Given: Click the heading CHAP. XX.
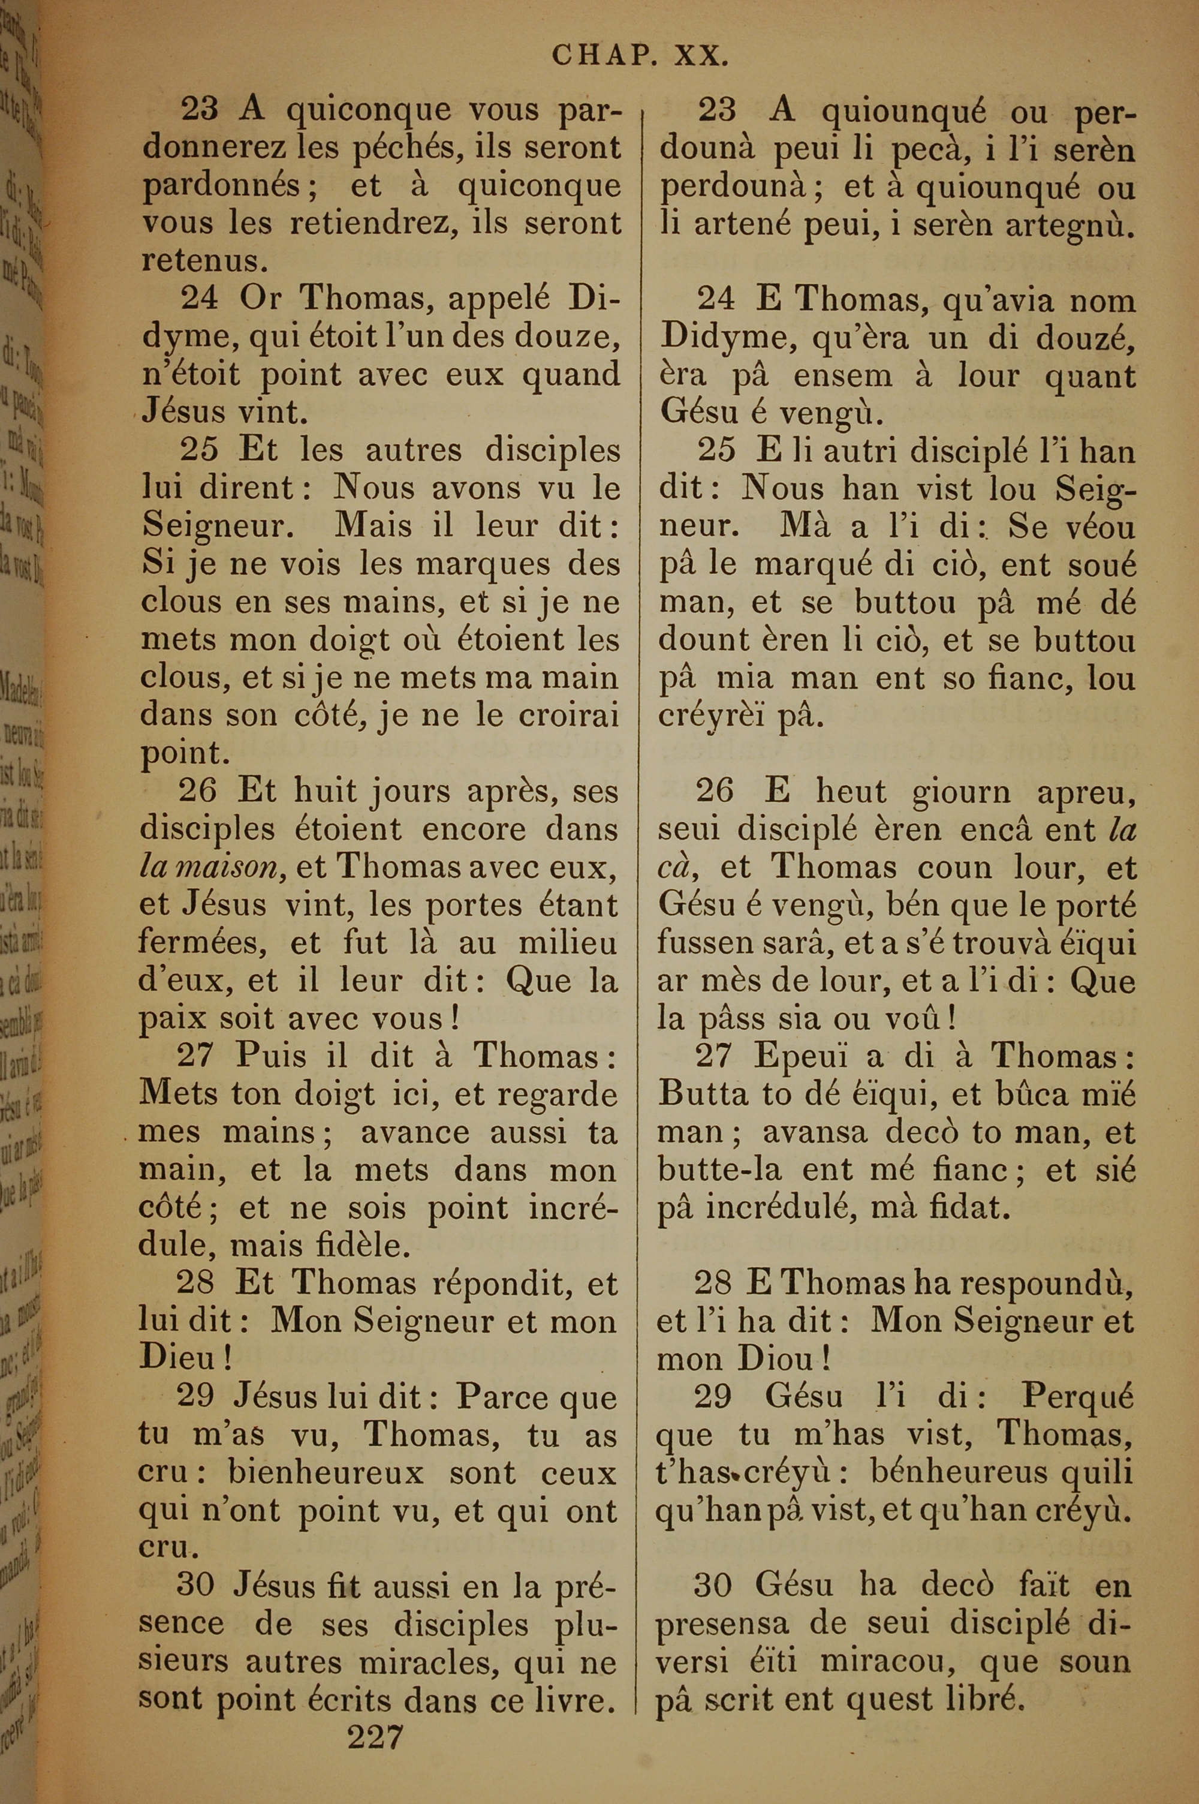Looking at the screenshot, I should (x=639, y=56).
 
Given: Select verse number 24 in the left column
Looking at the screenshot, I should (x=199, y=298).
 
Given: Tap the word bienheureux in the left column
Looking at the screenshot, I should (x=326, y=1473).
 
